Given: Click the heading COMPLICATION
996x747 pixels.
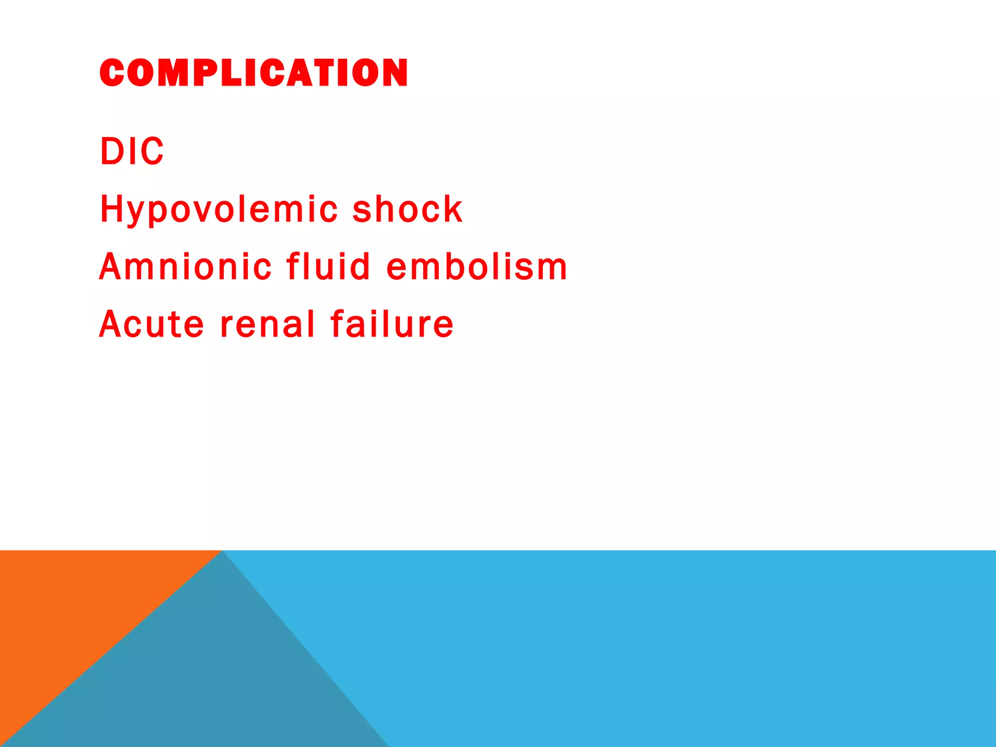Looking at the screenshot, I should click(253, 73).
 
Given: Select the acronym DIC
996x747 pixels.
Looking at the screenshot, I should click(132, 151).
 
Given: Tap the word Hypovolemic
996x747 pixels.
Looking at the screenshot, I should click(219, 210).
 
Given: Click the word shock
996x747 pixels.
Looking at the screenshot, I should click(408, 210).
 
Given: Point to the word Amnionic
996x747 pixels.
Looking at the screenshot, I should click(185, 267).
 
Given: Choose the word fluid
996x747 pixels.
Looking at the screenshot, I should click(329, 267).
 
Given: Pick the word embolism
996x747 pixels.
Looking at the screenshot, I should click(477, 267).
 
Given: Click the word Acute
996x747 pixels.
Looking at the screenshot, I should click(151, 324).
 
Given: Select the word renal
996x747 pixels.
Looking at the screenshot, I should click(268, 324).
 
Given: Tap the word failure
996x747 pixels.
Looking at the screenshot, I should click(392, 324).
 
